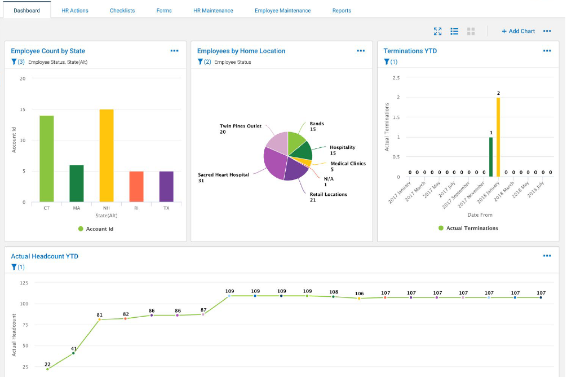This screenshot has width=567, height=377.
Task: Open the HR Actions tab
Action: pyautogui.click(x=75, y=10)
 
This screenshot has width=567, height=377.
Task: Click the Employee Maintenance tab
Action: pyautogui.click(x=282, y=10)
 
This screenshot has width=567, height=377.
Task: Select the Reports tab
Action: pyautogui.click(x=342, y=10)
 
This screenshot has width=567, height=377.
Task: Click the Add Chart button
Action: pyautogui.click(x=518, y=31)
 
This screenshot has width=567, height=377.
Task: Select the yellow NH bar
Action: pyautogui.click(x=107, y=155)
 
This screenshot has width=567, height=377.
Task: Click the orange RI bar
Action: pyautogui.click(x=136, y=186)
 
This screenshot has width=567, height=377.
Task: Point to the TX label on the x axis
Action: pyautogui.click(x=166, y=208)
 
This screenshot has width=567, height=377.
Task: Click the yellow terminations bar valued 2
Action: pyautogui.click(x=498, y=137)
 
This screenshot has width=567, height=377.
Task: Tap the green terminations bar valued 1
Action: pyautogui.click(x=491, y=157)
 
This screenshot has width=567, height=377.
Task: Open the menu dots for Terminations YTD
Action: pyautogui.click(x=547, y=51)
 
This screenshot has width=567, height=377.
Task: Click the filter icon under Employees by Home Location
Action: pyautogui.click(x=200, y=62)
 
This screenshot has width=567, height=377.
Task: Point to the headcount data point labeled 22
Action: pyautogui.click(x=47, y=369)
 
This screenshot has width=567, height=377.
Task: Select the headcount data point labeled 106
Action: pyautogui.click(x=359, y=298)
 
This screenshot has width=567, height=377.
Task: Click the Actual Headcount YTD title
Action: pyautogui.click(x=45, y=256)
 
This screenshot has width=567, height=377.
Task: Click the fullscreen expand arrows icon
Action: pyautogui.click(x=438, y=31)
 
